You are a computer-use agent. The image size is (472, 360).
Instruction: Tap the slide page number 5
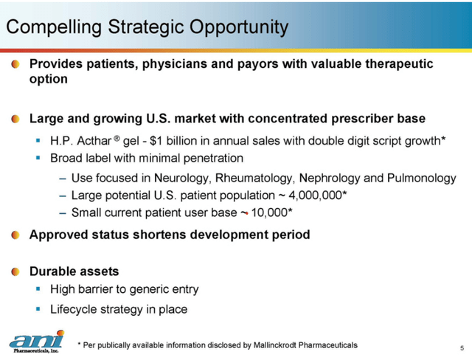(461, 347)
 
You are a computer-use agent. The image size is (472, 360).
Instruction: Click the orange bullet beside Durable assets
(15, 272)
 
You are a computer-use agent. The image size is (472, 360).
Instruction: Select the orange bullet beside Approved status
(15, 235)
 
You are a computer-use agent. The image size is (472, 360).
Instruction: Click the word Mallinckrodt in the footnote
(274, 345)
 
